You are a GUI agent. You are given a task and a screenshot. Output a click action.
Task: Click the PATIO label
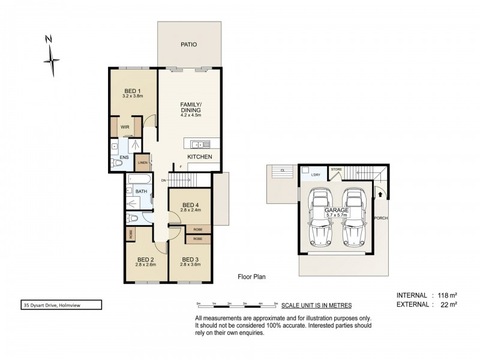(x=189, y=44)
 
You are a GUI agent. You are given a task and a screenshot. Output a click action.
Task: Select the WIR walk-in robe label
(x=125, y=127)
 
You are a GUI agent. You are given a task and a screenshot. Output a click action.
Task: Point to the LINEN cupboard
(x=142, y=163)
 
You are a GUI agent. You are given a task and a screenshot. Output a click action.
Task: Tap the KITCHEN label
(x=199, y=157)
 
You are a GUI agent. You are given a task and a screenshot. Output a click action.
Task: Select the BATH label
(x=141, y=191)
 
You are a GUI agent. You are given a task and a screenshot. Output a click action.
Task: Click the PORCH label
(x=380, y=218)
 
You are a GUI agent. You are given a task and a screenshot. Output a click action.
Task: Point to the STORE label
(x=337, y=170)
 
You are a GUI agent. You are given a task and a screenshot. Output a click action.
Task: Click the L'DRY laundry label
(x=315, y=175)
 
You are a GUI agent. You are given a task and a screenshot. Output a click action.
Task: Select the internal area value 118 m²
(x=445, y=295)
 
